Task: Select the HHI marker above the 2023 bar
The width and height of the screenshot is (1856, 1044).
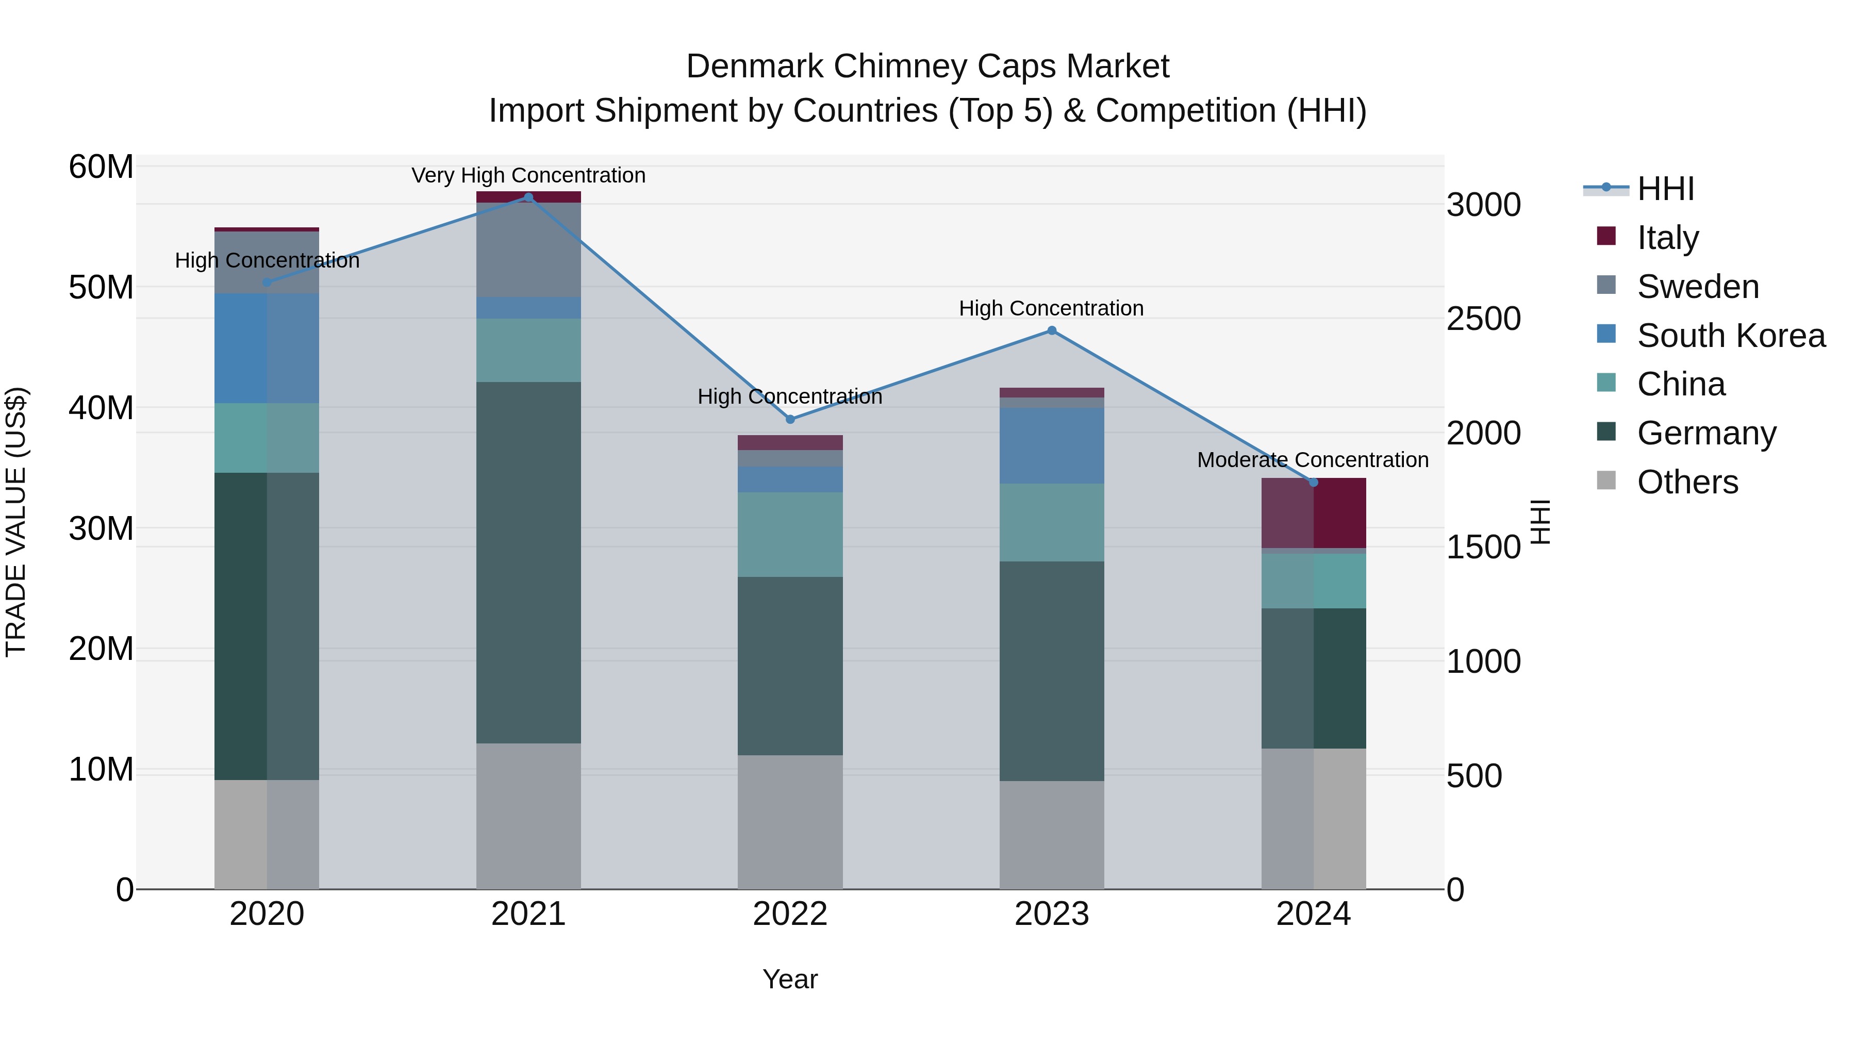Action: pos(1051,330)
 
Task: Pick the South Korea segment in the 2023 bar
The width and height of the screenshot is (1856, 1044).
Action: pos(1051,445)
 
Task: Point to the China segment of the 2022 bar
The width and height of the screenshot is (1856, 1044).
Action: pos(790,534)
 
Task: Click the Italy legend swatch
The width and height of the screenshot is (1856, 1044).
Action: pos(1606,236)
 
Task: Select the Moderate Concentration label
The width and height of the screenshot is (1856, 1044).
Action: pos(1312,460)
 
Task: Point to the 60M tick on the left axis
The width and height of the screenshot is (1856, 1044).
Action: pos(101,167)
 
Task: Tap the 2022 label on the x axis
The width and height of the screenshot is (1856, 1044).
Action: pos(790,914)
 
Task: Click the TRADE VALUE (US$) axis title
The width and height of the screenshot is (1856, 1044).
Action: pos(16,522)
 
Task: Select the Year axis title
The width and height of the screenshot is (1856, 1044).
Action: pos(790,979)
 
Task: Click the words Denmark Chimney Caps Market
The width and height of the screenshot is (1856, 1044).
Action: pos(927,67)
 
